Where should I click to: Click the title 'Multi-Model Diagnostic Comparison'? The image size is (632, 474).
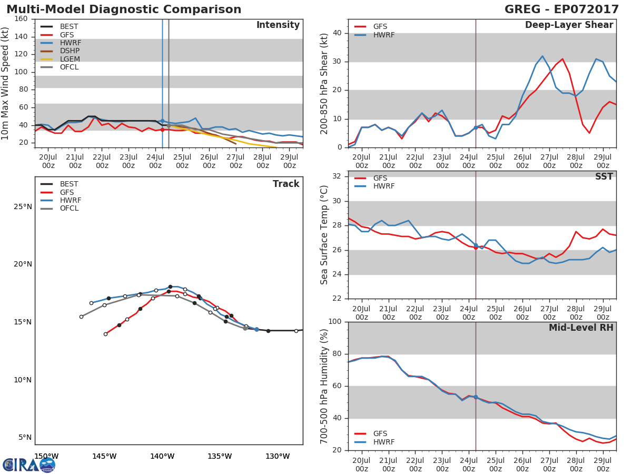124,9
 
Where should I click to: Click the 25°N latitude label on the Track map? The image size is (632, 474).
22,206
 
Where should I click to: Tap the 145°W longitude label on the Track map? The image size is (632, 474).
104,456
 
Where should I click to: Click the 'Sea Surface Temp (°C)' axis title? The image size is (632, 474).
324,234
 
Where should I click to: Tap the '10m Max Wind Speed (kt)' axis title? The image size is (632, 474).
6,83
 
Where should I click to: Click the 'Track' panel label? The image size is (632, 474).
285,184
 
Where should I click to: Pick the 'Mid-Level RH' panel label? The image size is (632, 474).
580,328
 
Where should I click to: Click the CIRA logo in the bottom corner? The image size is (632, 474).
29,465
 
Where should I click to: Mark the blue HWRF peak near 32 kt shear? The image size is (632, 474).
542,56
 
